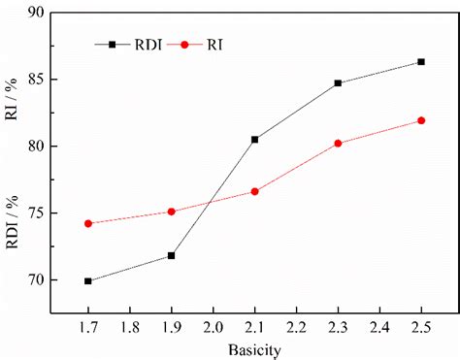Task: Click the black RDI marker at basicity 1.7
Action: (x=88, y=281)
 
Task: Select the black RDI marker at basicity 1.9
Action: (x=172, y=255)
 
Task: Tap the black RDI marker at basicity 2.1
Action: (x=254, y=139)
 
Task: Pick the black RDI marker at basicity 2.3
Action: (x=338, y=83)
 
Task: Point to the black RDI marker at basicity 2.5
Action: (x=421, y=61)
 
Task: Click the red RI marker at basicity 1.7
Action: (x=88, y=223)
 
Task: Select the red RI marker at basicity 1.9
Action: (x=172, y=212)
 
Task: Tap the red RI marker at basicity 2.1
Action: (x=254, y=191)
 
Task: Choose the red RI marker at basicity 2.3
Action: (x=338, y=143)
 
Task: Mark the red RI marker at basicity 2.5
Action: (x=421, y=120)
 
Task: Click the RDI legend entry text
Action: (x=148, y=44)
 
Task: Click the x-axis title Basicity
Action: (x=254, y=347)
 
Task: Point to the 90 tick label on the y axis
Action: (x=37, y=13)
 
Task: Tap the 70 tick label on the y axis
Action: (x=37, y=280)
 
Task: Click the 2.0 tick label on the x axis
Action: (x=213, y=327)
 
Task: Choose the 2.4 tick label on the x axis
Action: (x=379, y=327)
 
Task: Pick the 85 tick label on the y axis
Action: (x=37, y=80)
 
